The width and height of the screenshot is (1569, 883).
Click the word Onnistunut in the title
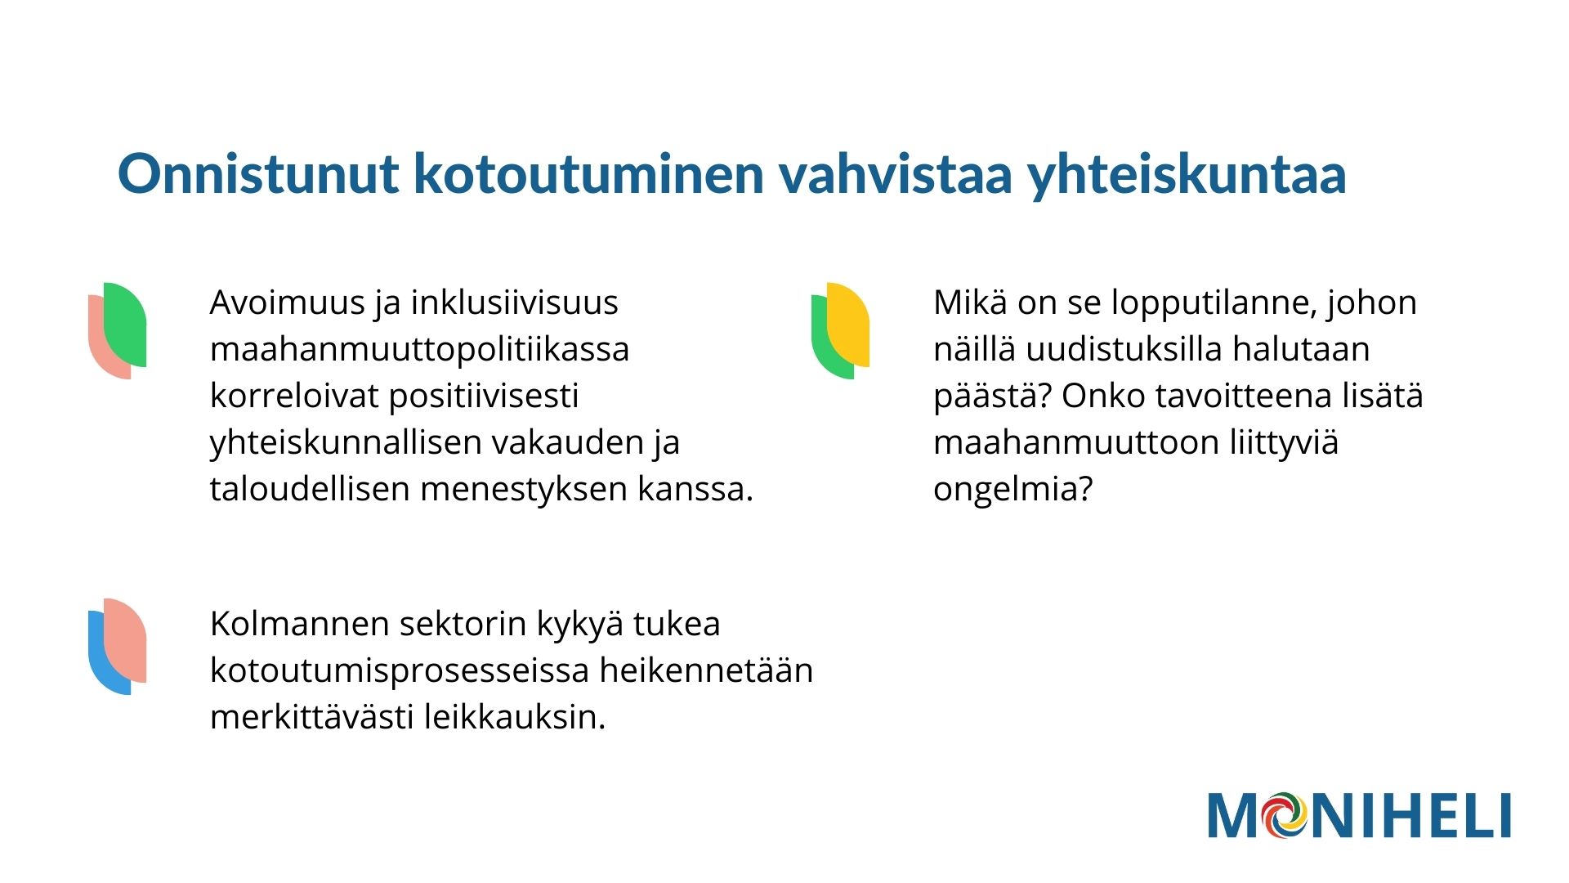(x=258, y=173)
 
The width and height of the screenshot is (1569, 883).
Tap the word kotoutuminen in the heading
(x=588, y=173)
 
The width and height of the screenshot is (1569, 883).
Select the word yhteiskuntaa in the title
(x=1187, y=175)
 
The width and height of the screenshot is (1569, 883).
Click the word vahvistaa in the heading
(x=896, y=173)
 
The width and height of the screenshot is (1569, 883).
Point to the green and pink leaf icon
(x=118, y=330)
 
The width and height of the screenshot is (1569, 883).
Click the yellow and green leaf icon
(x=840, y=330)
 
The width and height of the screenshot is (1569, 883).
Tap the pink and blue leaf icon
(x=118, y=646)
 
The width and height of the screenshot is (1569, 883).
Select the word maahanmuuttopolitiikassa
(x=419, y=349)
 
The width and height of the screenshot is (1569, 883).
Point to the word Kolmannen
(x=298, y=624)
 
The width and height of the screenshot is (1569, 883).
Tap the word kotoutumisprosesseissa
(x=400, y=670)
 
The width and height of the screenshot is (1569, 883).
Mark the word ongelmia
(x=1012, y=489)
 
